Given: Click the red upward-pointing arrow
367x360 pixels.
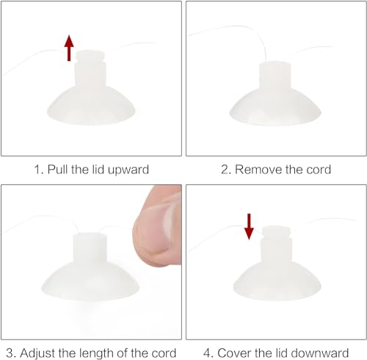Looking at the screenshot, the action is tap(69, 48).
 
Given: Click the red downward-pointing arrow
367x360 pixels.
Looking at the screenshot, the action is tap(249, 226).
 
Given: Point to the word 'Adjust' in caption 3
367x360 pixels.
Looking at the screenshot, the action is tap(38, 353).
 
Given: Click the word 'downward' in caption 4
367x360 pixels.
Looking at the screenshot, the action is tap(320, 353).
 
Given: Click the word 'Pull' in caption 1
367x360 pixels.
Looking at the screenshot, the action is tap(58, 170).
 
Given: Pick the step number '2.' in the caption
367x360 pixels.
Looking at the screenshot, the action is tap(226, 170).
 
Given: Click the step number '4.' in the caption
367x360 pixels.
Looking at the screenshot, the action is tap(208, 353).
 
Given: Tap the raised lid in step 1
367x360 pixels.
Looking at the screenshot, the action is tap(90, 56).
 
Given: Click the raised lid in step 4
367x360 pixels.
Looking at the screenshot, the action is tap(276, 232).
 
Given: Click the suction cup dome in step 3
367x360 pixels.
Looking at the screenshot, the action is tap(90, 281).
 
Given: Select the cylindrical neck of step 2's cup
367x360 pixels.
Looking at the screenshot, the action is tap(275, 75).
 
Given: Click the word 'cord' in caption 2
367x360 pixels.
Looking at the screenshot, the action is tap(319, 170).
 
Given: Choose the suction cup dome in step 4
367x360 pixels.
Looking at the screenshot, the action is tap(277, 281).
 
